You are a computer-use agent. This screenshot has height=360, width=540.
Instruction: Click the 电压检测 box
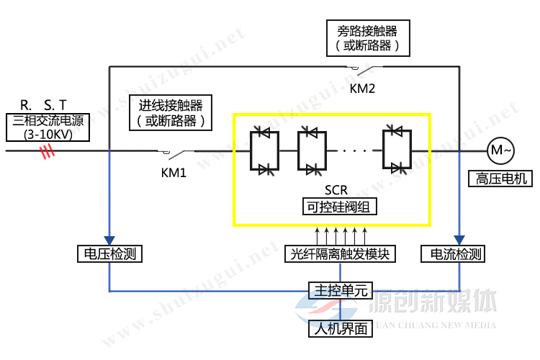pos(109,253)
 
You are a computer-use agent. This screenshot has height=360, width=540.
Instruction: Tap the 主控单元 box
pos(340,290)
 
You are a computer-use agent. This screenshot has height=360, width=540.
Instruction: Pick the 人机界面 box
pos(340,329)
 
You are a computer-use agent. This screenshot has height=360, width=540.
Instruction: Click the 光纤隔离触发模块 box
pos(340,253)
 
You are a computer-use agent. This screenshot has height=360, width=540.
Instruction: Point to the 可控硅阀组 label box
pos(341,206)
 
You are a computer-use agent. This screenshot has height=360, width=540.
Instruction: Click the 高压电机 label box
pos(498,178)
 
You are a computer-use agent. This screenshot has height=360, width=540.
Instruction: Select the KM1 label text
pos(173,173)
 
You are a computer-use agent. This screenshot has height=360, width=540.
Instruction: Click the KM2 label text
pos(363,89)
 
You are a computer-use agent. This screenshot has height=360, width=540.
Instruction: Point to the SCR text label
pos(336,190)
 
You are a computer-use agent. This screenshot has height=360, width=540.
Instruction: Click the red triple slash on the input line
pos(48,151)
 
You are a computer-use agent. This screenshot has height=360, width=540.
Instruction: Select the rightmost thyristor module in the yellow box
pos(396,150)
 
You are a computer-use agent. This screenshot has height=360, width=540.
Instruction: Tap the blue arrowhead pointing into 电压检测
pos(109,240)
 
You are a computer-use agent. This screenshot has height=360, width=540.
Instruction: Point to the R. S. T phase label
pos(44,105)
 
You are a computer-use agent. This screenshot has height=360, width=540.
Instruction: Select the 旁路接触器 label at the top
pos(367,38)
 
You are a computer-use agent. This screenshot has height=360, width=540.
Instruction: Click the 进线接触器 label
pos(171,112)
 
